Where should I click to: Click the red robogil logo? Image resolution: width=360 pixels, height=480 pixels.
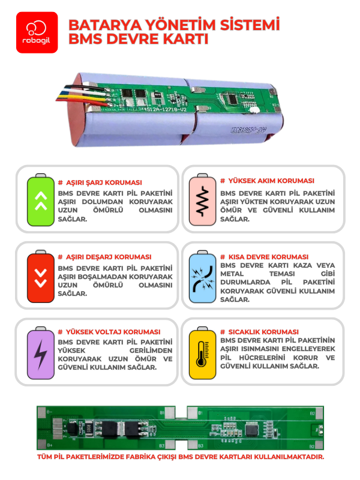pos(37,32)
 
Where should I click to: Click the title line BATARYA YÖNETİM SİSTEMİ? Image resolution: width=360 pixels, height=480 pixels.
pos(174,25)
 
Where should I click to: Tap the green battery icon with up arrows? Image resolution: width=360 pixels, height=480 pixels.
pos(40,200)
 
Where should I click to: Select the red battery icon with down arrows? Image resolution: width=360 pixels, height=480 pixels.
pos(40,276)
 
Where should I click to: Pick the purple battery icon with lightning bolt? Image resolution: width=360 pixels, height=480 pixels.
pos(40,353)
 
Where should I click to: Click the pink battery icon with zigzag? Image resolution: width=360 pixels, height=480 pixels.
pos(202,200)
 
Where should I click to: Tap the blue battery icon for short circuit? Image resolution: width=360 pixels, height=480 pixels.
pos(202,276)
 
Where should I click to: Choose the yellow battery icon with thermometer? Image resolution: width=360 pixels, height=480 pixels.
pos(202,353)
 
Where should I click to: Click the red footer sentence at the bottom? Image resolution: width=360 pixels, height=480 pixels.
pos(180,457)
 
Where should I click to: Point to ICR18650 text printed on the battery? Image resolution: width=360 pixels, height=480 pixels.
pos(246,128)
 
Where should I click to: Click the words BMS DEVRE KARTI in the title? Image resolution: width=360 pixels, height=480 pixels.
pos(138,40)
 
